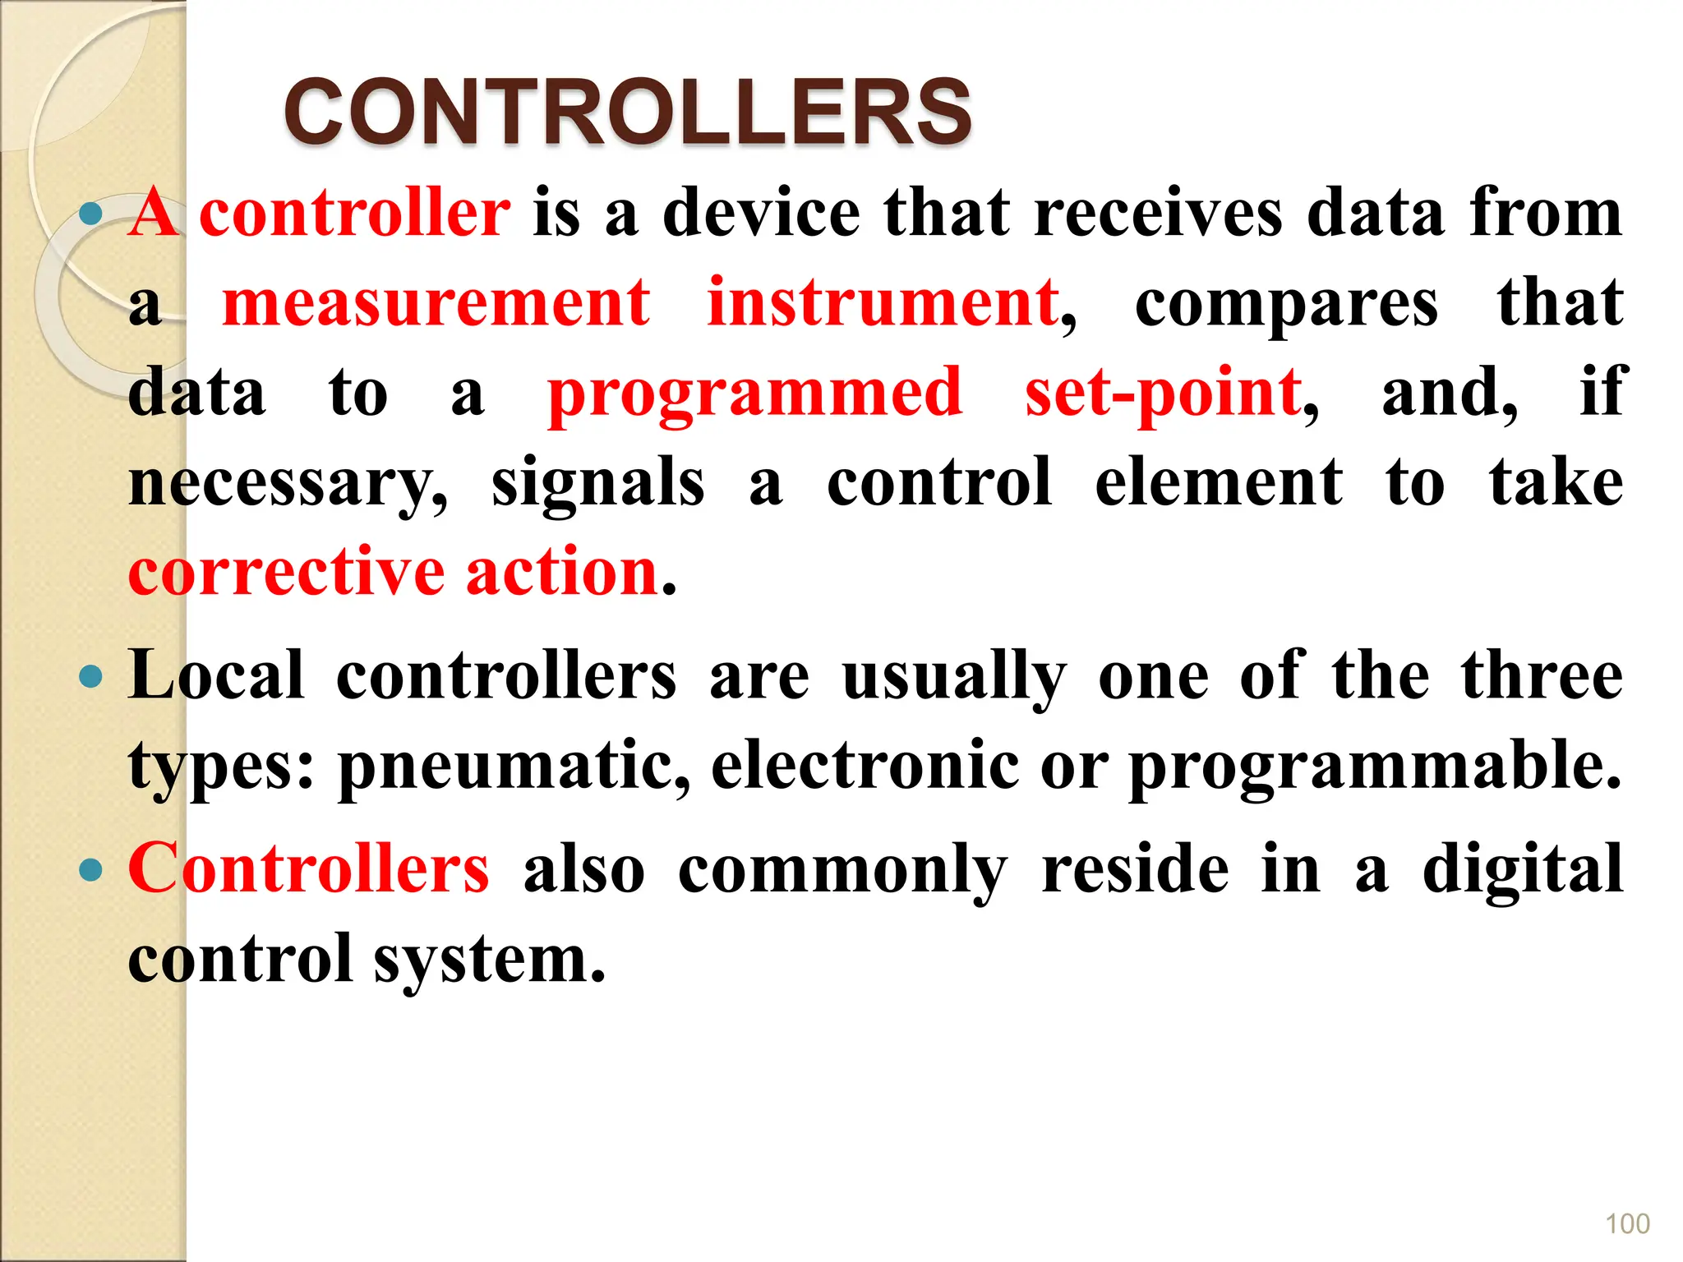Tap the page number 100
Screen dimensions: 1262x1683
coord(1626,1223)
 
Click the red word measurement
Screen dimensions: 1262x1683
coord(436,303)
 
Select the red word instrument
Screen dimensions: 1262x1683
coord(883,303)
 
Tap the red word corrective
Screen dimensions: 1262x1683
coord(286,572)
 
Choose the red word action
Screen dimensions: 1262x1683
coord(562,572)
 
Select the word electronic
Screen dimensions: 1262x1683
coord(865,766)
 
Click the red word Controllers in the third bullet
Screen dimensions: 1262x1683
coord(309,869)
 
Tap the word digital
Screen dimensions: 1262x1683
coord(1523,869)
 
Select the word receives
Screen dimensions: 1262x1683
coord(1158,214)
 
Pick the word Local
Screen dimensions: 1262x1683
coord(216,676)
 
